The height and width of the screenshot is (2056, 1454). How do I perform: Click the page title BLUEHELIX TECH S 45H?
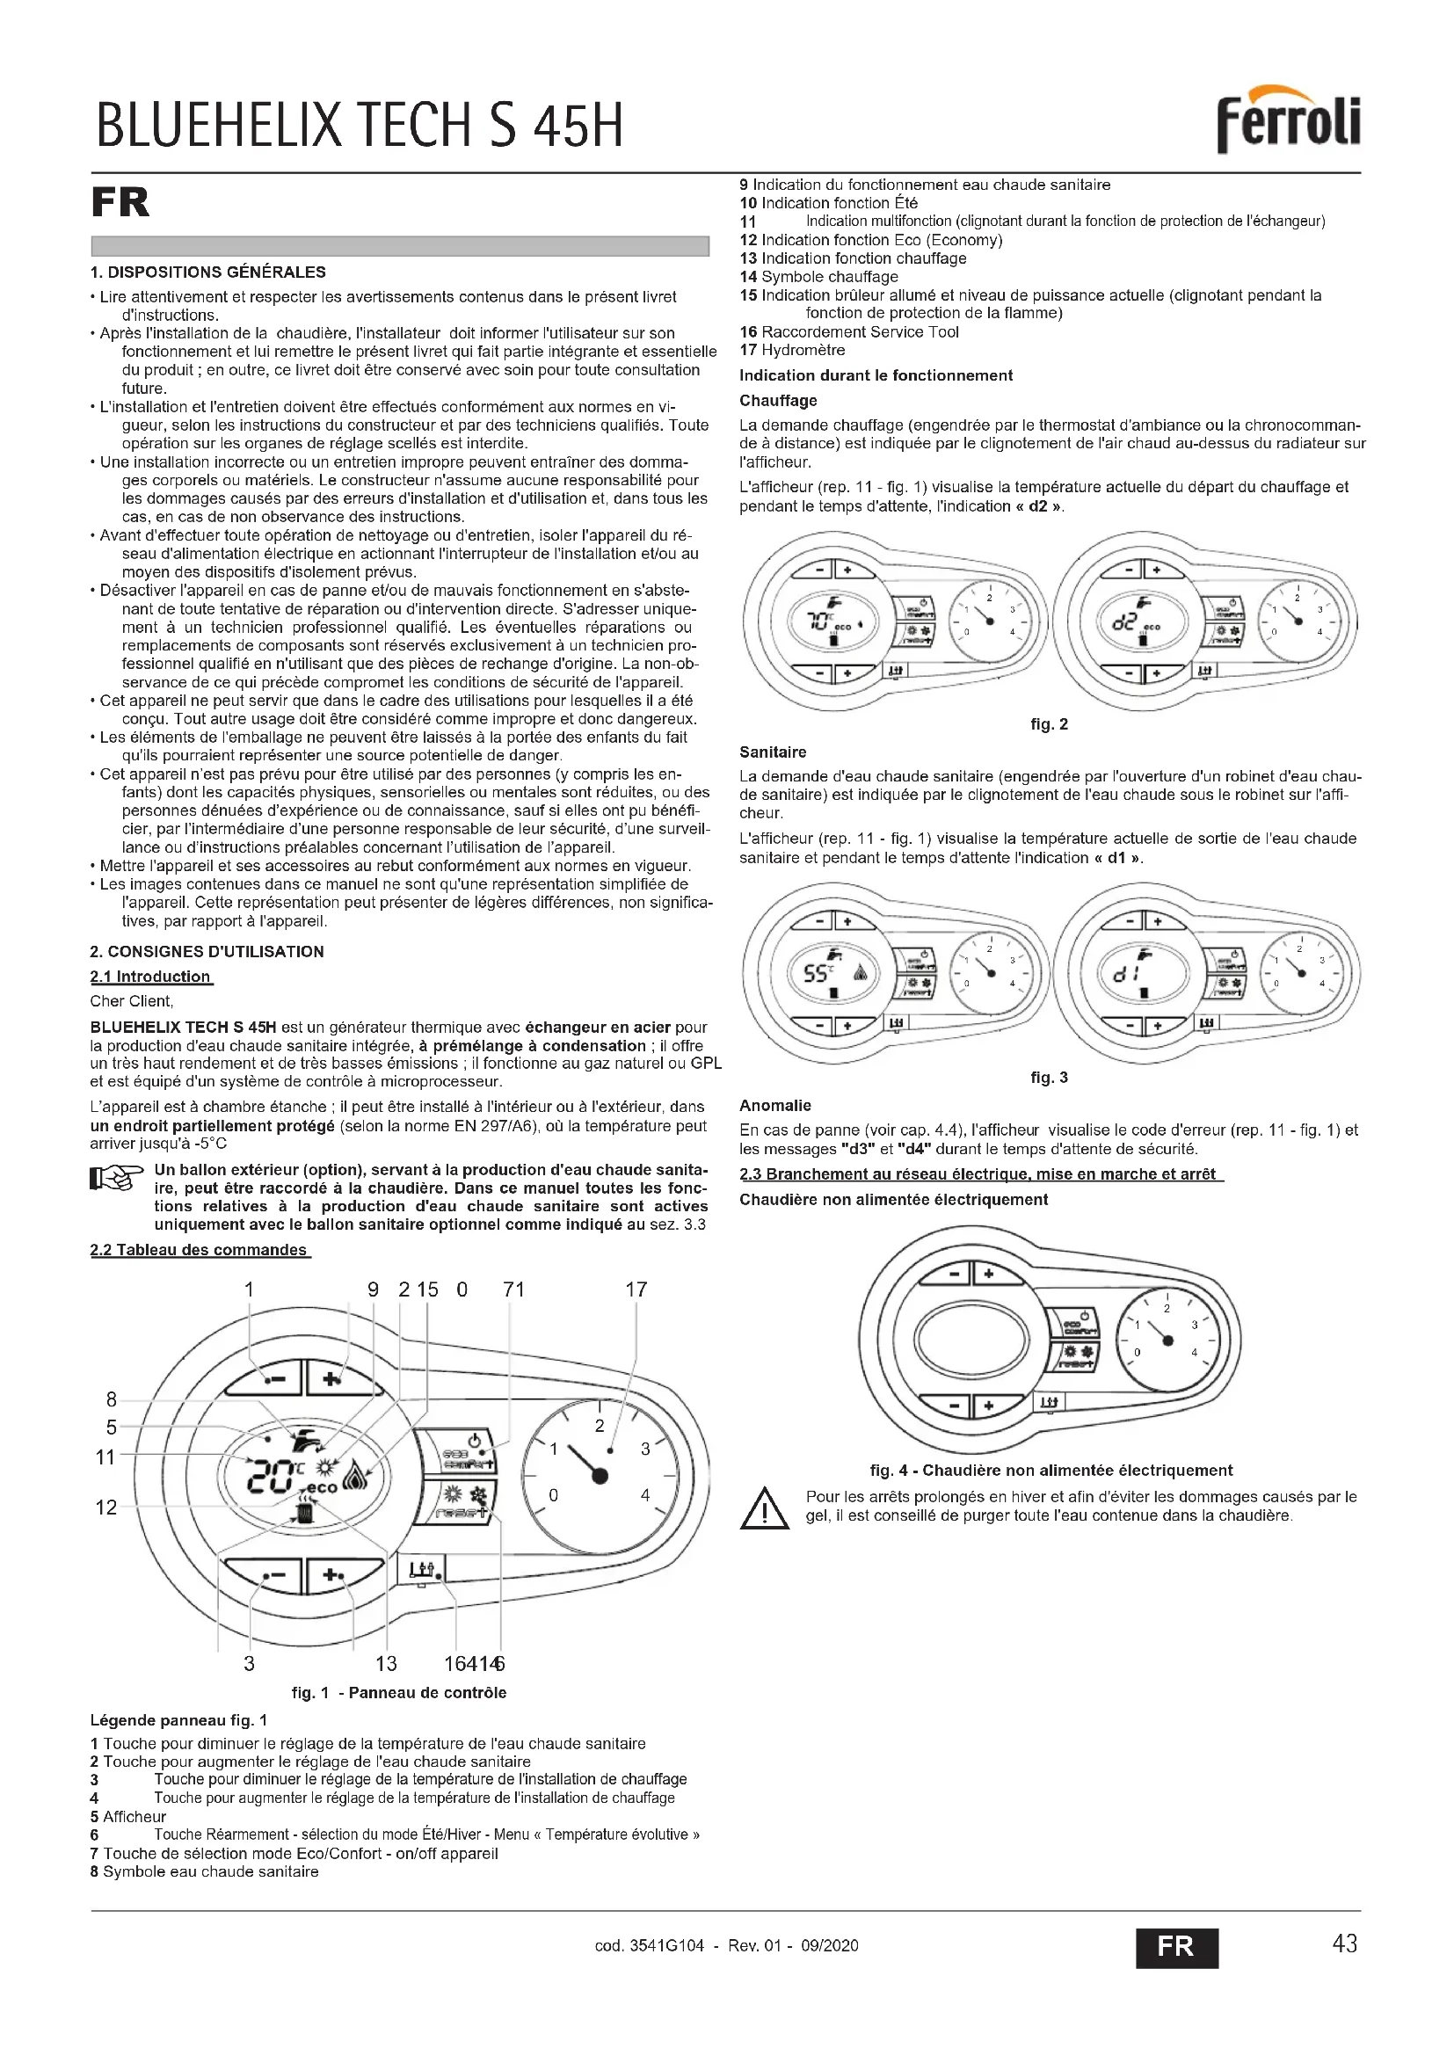click(x=359, y=126)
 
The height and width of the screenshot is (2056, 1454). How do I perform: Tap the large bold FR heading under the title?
click(x=120, y=202)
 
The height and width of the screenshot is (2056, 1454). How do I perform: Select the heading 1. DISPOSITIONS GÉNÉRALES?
click(x=207, y=272)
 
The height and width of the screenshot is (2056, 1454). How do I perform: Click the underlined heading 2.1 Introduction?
click(x=150, y=976)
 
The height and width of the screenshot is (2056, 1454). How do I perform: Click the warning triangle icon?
click(x=765, y=1509)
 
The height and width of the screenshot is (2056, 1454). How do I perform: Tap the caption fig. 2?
click(x=1050, y=724)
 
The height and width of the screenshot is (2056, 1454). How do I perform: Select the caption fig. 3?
click(x=1050, y=1078)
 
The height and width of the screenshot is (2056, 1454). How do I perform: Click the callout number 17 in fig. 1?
click(x=636, y=1290)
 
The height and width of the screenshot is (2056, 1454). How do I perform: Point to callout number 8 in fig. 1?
click(x=111, y=1399)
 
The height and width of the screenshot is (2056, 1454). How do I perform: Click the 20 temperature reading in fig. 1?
click(x=267, y=1477)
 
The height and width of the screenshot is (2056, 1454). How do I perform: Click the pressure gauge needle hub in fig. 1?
click(x=600, y=1475)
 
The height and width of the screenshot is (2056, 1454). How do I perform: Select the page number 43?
click(x=1345, y=1944)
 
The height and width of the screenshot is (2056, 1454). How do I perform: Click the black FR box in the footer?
click(x=1176, y=1947)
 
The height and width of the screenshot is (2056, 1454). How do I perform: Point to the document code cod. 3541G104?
click(x=649, y=1945)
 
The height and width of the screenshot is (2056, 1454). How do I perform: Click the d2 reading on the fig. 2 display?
click(x=1123, y=621)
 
